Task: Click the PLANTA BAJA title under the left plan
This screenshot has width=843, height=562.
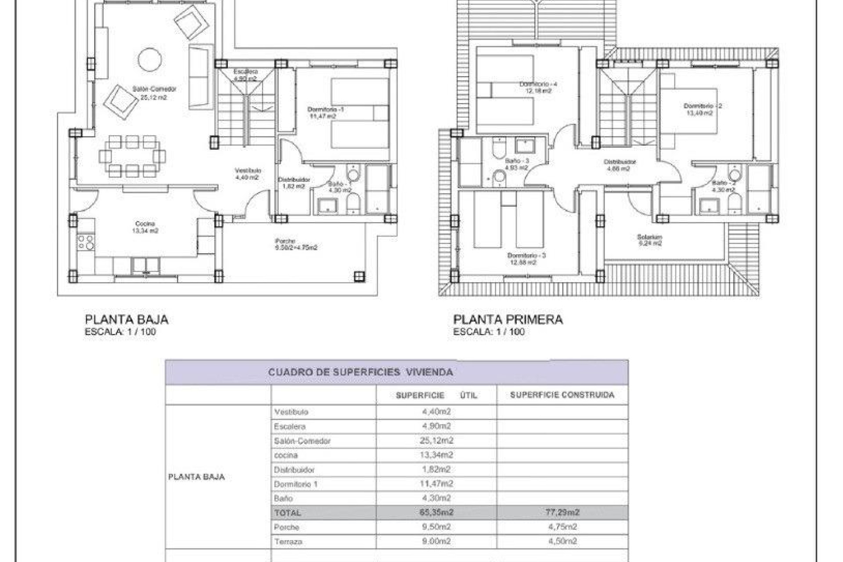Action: point(126,320)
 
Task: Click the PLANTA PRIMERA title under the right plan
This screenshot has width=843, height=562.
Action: point(508,320)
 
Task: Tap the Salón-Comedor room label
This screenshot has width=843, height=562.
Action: point(154,89)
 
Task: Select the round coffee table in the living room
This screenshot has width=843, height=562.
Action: point(150,59)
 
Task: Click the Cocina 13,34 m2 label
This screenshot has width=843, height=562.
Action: point(145,227)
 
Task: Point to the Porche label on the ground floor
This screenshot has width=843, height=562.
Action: point(285,241)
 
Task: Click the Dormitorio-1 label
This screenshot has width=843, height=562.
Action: point(325,109)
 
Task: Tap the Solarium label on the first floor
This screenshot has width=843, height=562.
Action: point(649,237)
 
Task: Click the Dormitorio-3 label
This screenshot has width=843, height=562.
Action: point(526,256)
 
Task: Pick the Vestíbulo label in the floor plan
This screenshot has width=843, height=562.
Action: point(248,170)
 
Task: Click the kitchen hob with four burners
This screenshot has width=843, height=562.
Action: point(86,242)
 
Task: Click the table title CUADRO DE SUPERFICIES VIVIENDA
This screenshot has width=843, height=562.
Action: point(360,372)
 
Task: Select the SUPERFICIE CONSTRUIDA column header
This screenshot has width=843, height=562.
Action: point(562,395)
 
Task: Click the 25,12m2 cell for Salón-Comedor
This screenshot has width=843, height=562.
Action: point(436,440)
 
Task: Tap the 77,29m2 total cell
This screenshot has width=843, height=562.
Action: point(562,512)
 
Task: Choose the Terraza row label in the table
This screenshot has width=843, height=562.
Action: point(288,542)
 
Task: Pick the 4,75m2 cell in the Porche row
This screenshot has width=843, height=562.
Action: point(562,527)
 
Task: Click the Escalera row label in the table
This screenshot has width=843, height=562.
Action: point(289,426)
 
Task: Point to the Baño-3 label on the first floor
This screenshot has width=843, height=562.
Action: point(517,161)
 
